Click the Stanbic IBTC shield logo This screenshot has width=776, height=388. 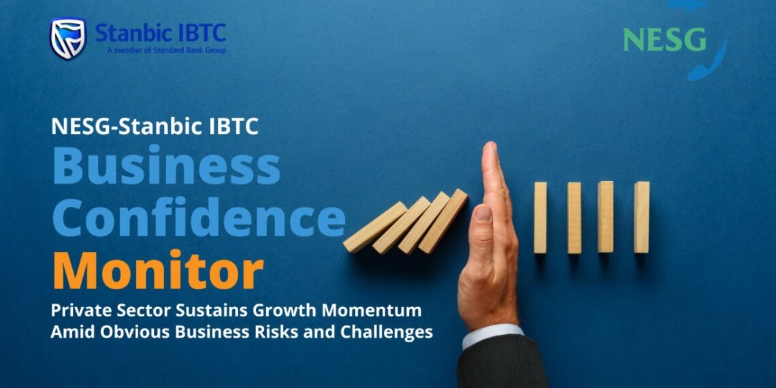click(67, 38)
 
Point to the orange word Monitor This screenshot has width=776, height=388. click(157, 270)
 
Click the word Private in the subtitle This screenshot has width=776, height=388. click(77, 310)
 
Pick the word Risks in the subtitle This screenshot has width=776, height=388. click(304, 332)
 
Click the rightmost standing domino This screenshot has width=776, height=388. click(641, 217)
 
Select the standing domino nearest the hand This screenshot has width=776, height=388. click(540, 217)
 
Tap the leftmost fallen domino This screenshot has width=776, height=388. click(374, 227)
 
